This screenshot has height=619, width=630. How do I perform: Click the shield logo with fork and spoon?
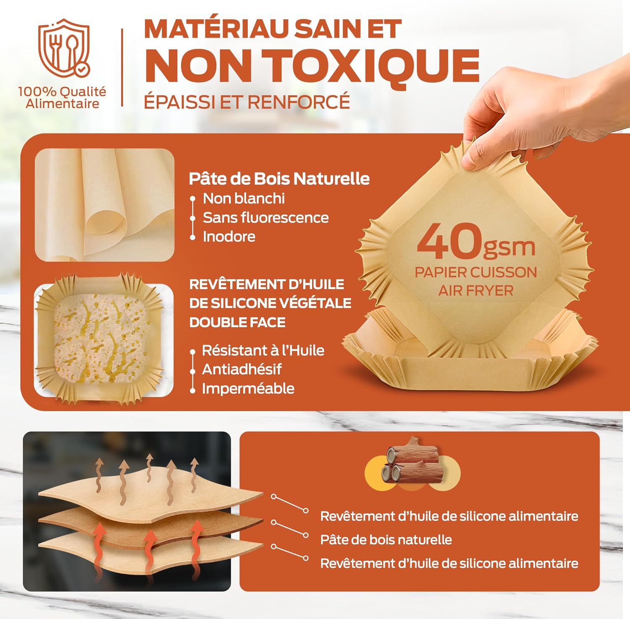(x=64, y=48)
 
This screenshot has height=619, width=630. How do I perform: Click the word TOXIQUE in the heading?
(x=374, y=66)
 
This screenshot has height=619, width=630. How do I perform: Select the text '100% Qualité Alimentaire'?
(x=62, y=98)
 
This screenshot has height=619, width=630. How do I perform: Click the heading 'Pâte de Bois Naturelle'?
(x=279, y=179)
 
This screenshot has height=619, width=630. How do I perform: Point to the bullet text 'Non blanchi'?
(x=244, y=198)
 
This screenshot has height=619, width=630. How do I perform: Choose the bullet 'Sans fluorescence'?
(x=265, y=217)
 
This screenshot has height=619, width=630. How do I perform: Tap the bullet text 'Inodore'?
(x=229, y=236)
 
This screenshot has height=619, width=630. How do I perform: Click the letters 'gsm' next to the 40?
(x=509, y=247)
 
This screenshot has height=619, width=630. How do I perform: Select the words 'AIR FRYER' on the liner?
(x=475, y=290)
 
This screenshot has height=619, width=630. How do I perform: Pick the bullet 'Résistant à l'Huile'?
(x=263, y=350)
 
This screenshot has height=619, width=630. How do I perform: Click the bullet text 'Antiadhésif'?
(x=241, y=369)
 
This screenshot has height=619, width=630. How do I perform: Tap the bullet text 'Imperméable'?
(x=248, y=388)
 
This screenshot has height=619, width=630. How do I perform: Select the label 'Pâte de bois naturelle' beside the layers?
(x=386, y=539)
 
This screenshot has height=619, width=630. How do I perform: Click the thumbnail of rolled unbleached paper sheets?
(x=105, y=205)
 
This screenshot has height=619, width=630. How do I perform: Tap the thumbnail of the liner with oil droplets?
(x=103, y=340)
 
